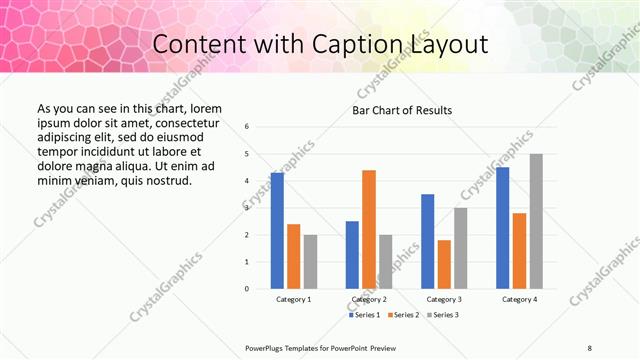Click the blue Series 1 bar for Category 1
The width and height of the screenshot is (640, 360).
(277, 231)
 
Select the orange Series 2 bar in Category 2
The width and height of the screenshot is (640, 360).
(369, 229)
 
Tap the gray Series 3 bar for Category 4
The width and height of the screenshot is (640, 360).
(536, 221)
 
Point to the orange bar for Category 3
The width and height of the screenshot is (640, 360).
(444, 264)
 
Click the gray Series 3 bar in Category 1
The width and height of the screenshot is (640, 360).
(310, 262)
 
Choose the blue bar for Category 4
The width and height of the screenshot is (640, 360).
(502, 228)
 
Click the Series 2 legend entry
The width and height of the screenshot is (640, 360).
(404, 315)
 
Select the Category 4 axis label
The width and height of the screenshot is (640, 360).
(519, 299)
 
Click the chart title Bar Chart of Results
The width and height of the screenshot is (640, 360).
(402, 110)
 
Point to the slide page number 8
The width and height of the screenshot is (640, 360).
(589, 347)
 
